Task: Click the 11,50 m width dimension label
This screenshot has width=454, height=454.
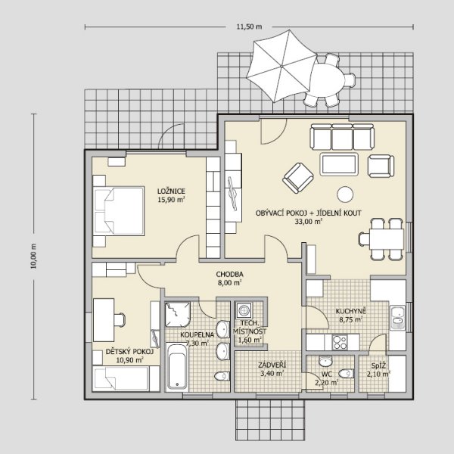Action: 249,26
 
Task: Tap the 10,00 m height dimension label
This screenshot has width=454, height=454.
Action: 34,257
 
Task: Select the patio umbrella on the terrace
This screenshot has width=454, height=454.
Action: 281,66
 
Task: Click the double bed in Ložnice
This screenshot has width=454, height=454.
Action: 119,210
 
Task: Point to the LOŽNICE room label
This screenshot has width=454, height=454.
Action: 171,191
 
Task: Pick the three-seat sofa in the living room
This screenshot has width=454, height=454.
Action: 342,137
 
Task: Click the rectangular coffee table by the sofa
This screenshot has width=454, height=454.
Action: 339,164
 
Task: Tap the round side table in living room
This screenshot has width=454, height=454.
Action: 345,194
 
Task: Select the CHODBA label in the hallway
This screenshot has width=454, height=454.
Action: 229,274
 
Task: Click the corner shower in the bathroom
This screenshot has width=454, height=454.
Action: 178,315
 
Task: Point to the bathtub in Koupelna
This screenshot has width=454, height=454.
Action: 178,366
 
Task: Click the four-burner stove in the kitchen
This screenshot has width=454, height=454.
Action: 340,342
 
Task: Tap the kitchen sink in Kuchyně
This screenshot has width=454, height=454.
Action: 397,317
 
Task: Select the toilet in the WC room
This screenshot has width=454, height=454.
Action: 346,374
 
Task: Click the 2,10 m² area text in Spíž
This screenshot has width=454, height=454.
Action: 378,375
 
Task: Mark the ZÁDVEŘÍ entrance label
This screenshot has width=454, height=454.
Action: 272,365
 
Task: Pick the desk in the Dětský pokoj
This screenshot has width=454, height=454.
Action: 104,320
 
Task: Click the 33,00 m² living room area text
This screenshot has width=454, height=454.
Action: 309,222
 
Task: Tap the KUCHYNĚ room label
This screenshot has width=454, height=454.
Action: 351,311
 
